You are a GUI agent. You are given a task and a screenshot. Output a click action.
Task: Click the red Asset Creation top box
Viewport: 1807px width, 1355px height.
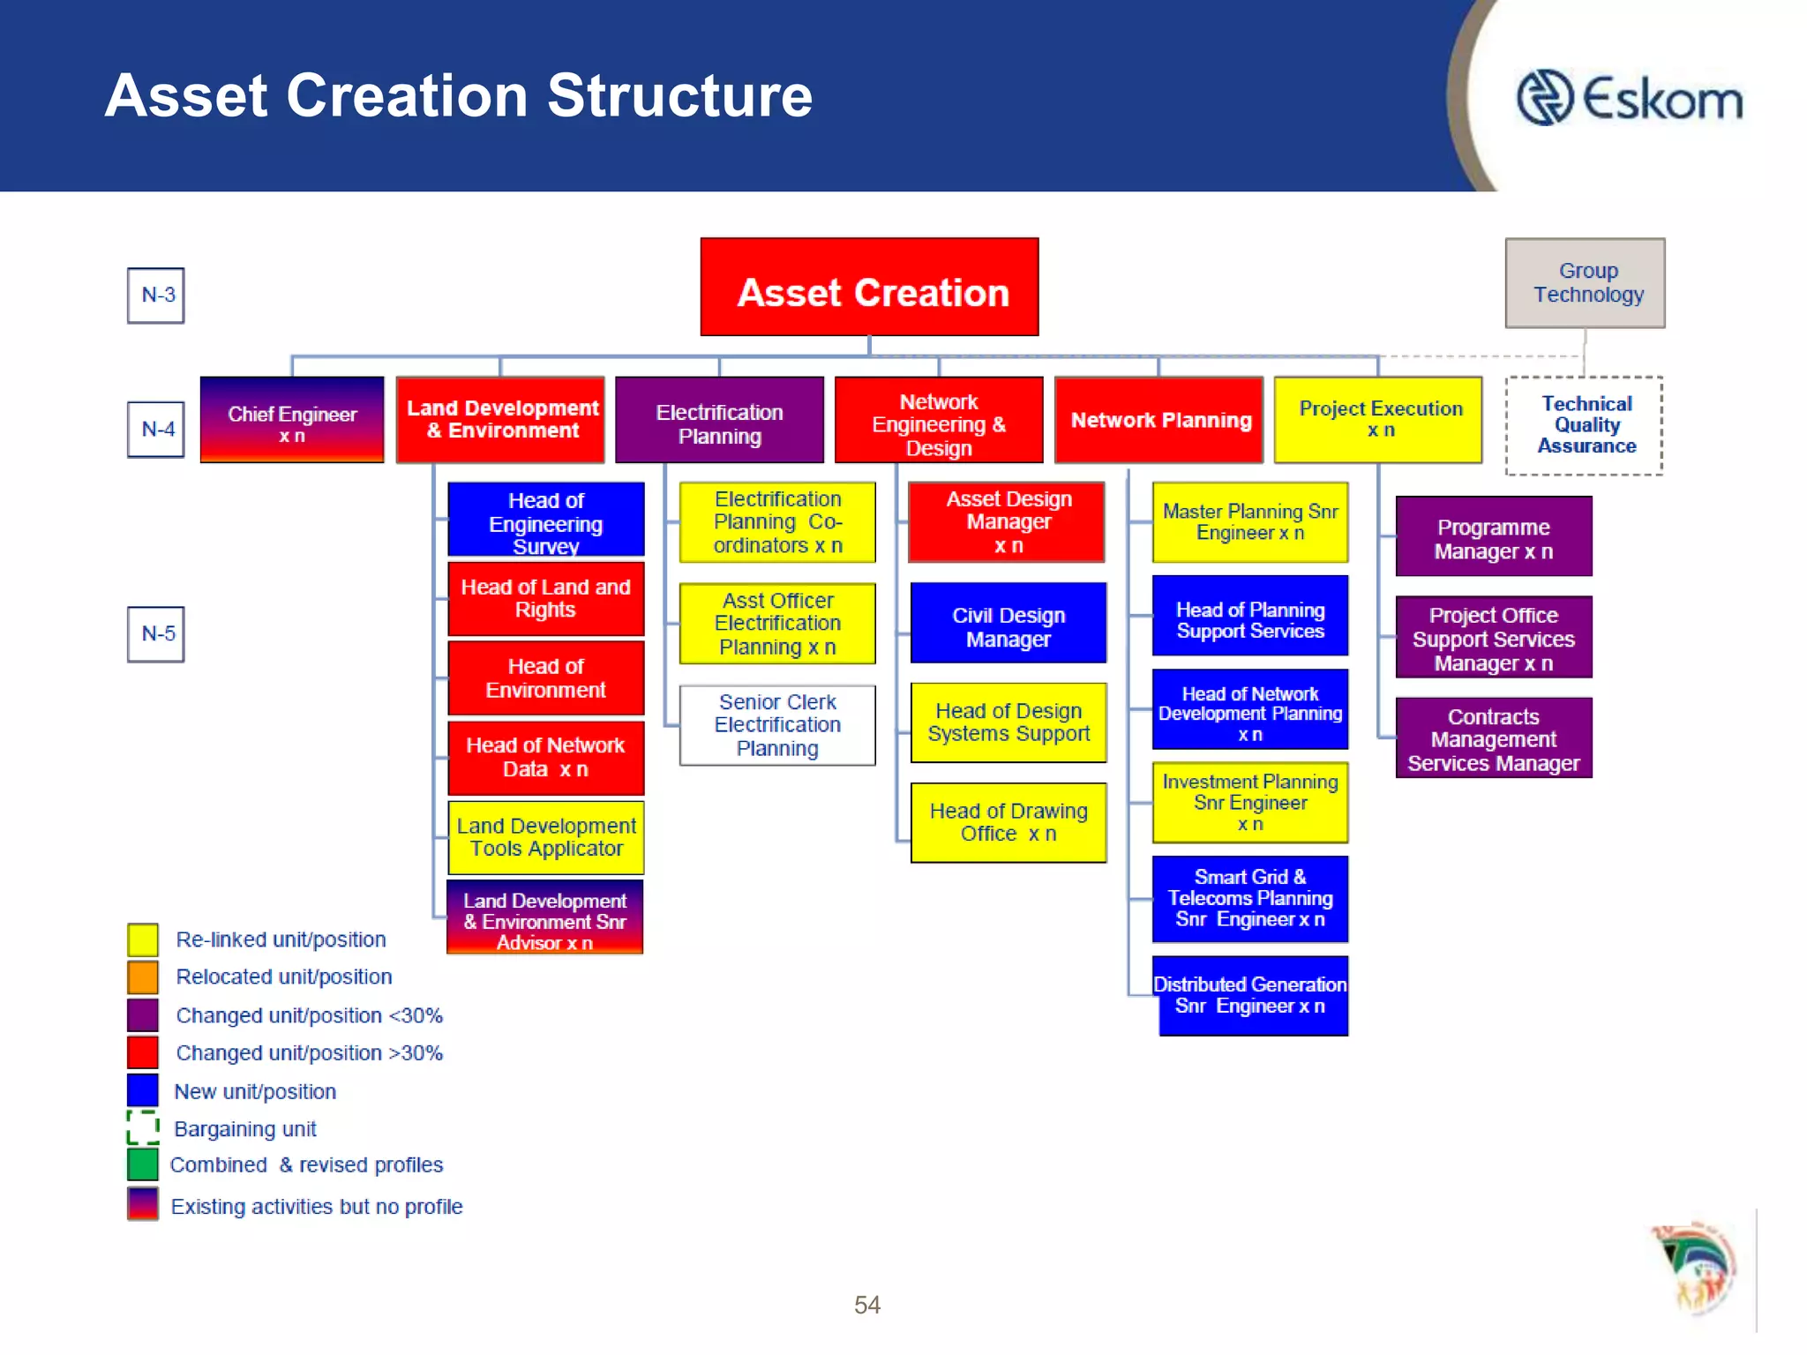click(869, 287)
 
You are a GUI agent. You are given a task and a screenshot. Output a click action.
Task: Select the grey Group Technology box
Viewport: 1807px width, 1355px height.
click(1585, 283)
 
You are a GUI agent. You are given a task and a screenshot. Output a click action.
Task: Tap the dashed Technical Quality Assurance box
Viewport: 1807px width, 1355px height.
click(1584, 426)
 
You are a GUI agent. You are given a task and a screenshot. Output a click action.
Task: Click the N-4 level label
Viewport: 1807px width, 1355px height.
click(156, 430)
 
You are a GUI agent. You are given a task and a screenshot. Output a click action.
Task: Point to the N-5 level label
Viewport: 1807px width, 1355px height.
click(156, 634)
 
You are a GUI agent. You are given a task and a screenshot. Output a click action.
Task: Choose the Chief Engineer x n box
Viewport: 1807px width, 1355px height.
click(292, 420)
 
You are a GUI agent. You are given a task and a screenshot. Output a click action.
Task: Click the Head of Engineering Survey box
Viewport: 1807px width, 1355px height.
click(546, 520)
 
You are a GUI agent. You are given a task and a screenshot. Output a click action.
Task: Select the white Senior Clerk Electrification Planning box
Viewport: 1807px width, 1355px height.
click(777, 725)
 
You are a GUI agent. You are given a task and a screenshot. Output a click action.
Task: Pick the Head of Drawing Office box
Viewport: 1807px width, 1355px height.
click(1008, 822)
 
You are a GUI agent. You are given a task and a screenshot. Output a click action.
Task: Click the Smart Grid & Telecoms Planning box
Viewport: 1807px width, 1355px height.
click(1250, 898)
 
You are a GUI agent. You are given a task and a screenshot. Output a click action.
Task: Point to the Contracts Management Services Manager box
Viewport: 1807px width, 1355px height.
click(1493, 738)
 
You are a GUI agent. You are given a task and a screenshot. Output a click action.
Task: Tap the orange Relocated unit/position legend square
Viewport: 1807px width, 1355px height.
click(143, 977)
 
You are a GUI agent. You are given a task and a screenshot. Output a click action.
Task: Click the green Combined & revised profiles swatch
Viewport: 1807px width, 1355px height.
click(143, 1164)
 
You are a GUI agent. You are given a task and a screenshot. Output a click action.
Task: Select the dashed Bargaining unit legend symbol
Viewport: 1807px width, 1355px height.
click(143, 1127)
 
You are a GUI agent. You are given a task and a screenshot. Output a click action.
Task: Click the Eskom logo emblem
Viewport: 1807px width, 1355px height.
click(1544, 97)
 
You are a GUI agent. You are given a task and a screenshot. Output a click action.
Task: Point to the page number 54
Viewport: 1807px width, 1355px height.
click(866, 1305)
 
